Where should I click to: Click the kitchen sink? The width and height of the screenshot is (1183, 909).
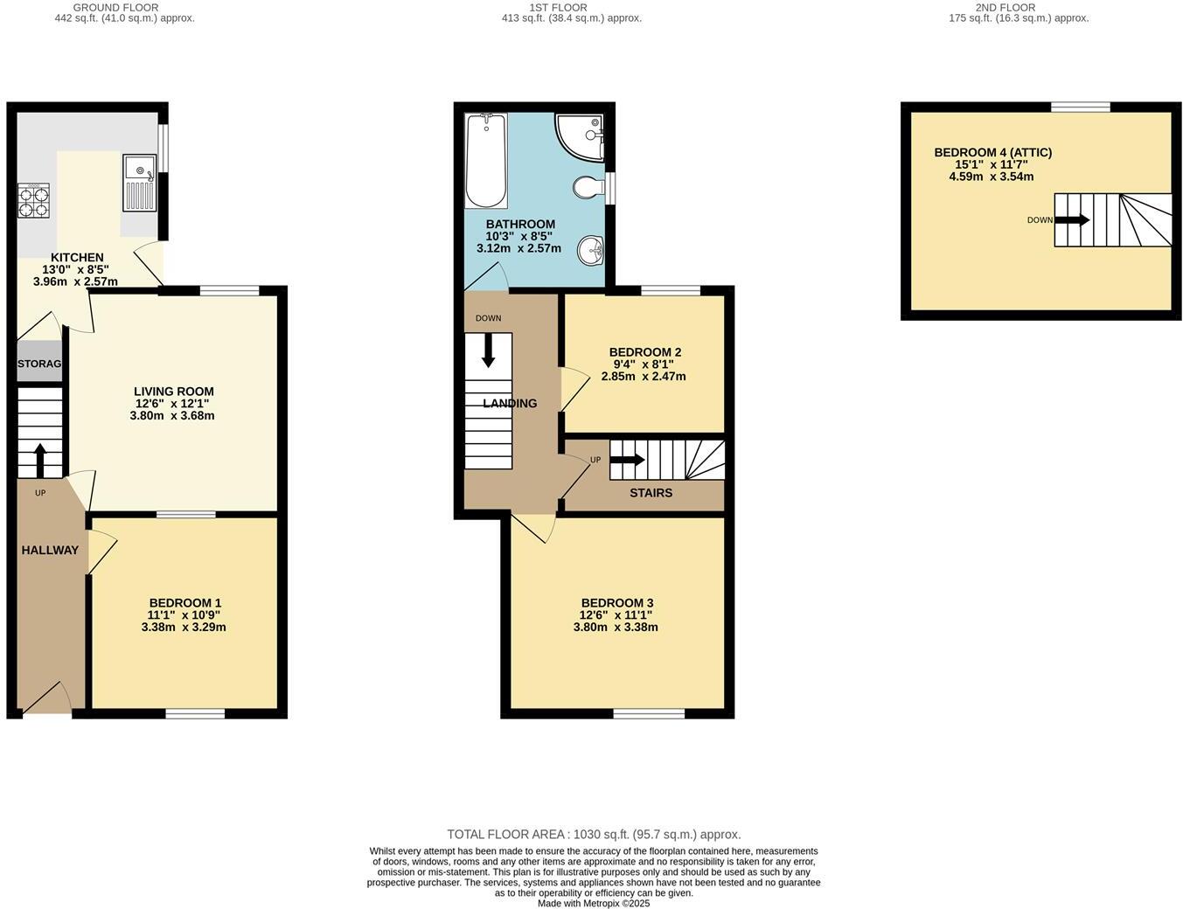139,183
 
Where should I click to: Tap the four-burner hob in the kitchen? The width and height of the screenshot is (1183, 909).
33,201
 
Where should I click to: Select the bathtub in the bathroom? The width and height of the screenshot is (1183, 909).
485,160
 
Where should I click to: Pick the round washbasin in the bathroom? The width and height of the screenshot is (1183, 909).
592,251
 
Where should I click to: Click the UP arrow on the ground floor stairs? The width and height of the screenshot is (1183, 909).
40,460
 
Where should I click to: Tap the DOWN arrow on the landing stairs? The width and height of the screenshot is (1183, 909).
488,350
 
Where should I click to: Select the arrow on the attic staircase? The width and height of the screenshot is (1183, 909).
1073,220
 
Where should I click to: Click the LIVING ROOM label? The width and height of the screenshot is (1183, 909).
173,392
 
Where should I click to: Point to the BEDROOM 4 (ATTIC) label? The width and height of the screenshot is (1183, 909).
992,152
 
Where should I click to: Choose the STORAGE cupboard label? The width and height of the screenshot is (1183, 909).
39,364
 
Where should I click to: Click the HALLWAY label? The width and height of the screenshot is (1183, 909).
50,550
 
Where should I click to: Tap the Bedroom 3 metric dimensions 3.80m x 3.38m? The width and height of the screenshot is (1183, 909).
616,627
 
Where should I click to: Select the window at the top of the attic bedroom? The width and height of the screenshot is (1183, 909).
1080,107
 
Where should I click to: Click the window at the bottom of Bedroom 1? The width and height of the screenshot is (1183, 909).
195,714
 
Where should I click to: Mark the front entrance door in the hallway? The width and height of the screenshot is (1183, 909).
46,702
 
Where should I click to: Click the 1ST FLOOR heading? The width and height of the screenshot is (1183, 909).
558,7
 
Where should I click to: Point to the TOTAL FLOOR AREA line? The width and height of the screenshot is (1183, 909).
594,834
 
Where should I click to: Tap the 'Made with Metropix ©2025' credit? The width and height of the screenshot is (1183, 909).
594,904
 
